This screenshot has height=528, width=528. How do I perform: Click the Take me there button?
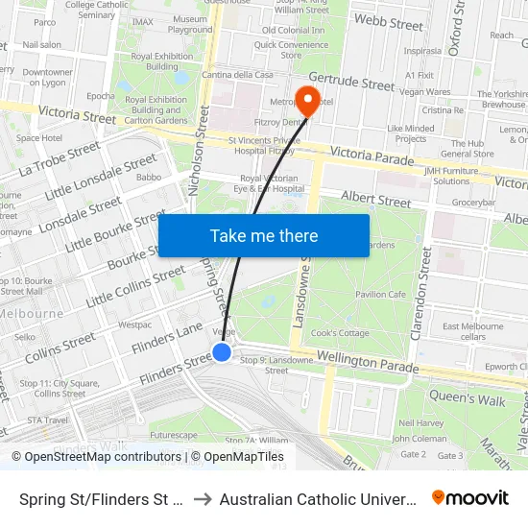click(x=263, y=236)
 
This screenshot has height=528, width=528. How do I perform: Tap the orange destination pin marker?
click(x=307, y=100)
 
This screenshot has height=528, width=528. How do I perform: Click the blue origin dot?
click(x=222, y=352)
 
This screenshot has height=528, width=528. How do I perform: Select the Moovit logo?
click(x=470, y=498)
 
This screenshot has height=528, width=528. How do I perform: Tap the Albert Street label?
click(x=376, y=201)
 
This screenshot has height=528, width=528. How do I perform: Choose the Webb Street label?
click(x=388, y=21)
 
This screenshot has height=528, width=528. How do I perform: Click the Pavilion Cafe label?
click(x=380, y=295)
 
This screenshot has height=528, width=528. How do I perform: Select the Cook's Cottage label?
click(x=340, y=332)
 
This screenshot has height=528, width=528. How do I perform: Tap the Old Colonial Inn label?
click(x=293, y=31)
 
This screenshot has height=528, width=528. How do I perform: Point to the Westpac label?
click(x=135, y=324)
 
